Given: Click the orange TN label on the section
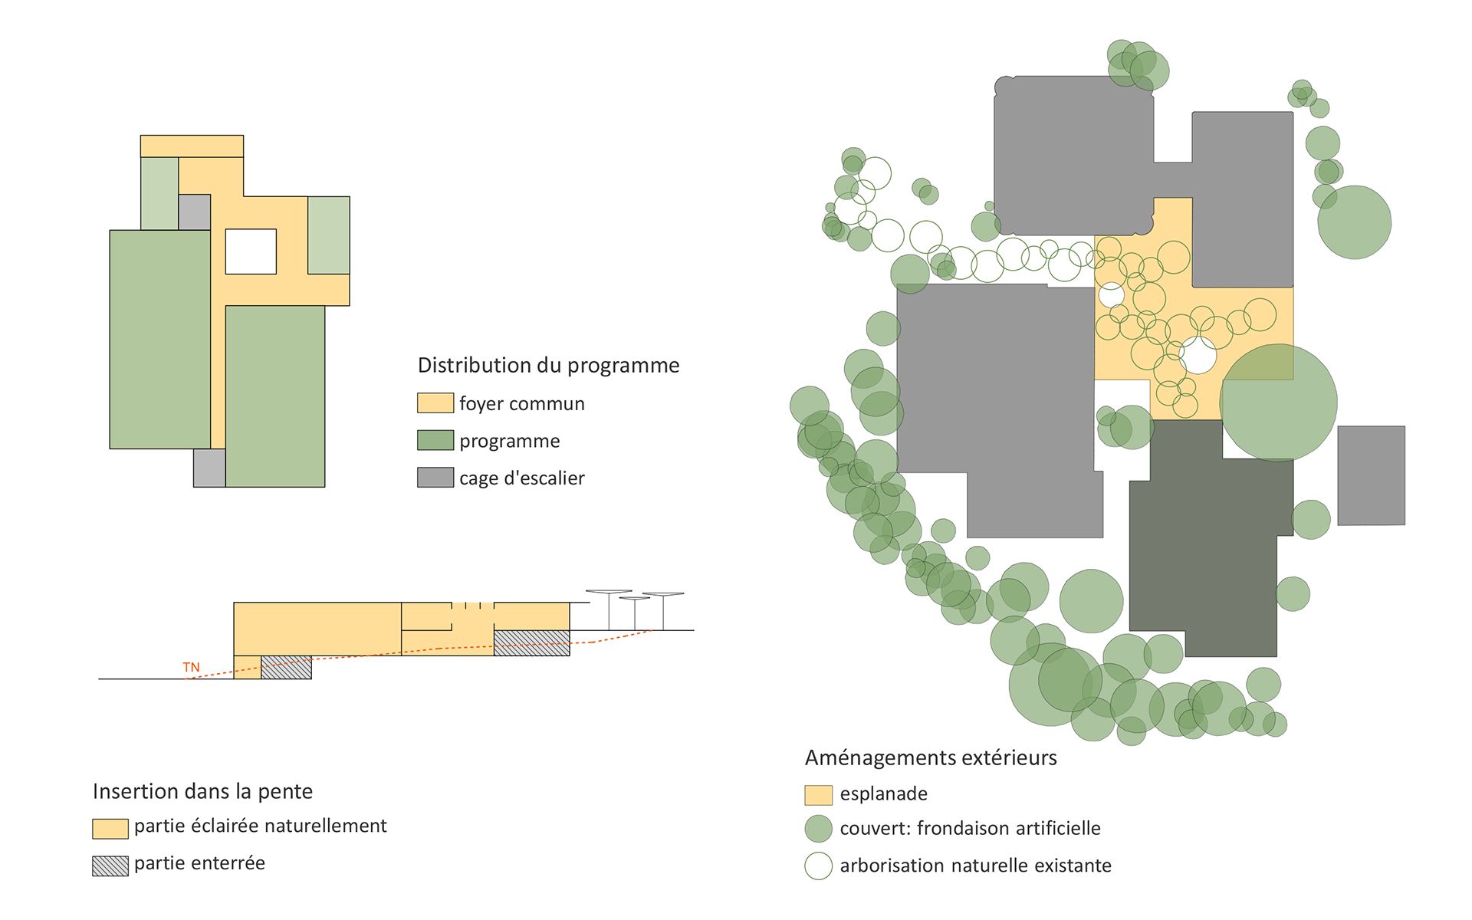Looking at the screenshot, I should point(191,667).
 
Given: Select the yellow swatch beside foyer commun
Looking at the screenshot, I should point(435,403).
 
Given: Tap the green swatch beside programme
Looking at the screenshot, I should point(435,440).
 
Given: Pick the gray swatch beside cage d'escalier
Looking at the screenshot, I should point(435,478).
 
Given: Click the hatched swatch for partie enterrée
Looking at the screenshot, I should point(110,866).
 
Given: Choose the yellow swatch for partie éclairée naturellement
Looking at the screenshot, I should point(110,828).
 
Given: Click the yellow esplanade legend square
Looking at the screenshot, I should point(818,795).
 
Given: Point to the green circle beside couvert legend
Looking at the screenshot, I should point(818,829).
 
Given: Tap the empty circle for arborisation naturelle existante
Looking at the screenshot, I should point(818,866).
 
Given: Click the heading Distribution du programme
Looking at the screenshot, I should point(548,365).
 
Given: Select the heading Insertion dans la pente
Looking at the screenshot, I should point(202,791).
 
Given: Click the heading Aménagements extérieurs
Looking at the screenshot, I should point(930,757).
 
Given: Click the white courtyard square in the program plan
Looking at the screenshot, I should point(251,251).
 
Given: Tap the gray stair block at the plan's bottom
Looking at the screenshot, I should point(209,468).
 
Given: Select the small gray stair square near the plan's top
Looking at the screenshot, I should point(194,212).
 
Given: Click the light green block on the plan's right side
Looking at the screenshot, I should point(328,235).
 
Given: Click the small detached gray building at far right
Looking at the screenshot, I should point(1371,475).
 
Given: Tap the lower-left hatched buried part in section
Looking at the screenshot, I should point(286,667).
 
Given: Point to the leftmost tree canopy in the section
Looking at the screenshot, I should point(609,592).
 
